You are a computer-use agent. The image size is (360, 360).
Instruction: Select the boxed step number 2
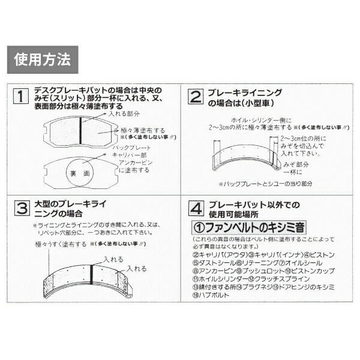coord(196,97)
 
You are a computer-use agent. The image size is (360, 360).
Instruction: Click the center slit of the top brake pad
coord(82,129)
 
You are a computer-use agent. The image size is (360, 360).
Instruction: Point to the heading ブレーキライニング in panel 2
coord(245,93)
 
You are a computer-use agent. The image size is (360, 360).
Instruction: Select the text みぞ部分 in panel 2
coord(297,163)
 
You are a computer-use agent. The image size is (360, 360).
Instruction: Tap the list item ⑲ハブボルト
coord(212,295)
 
